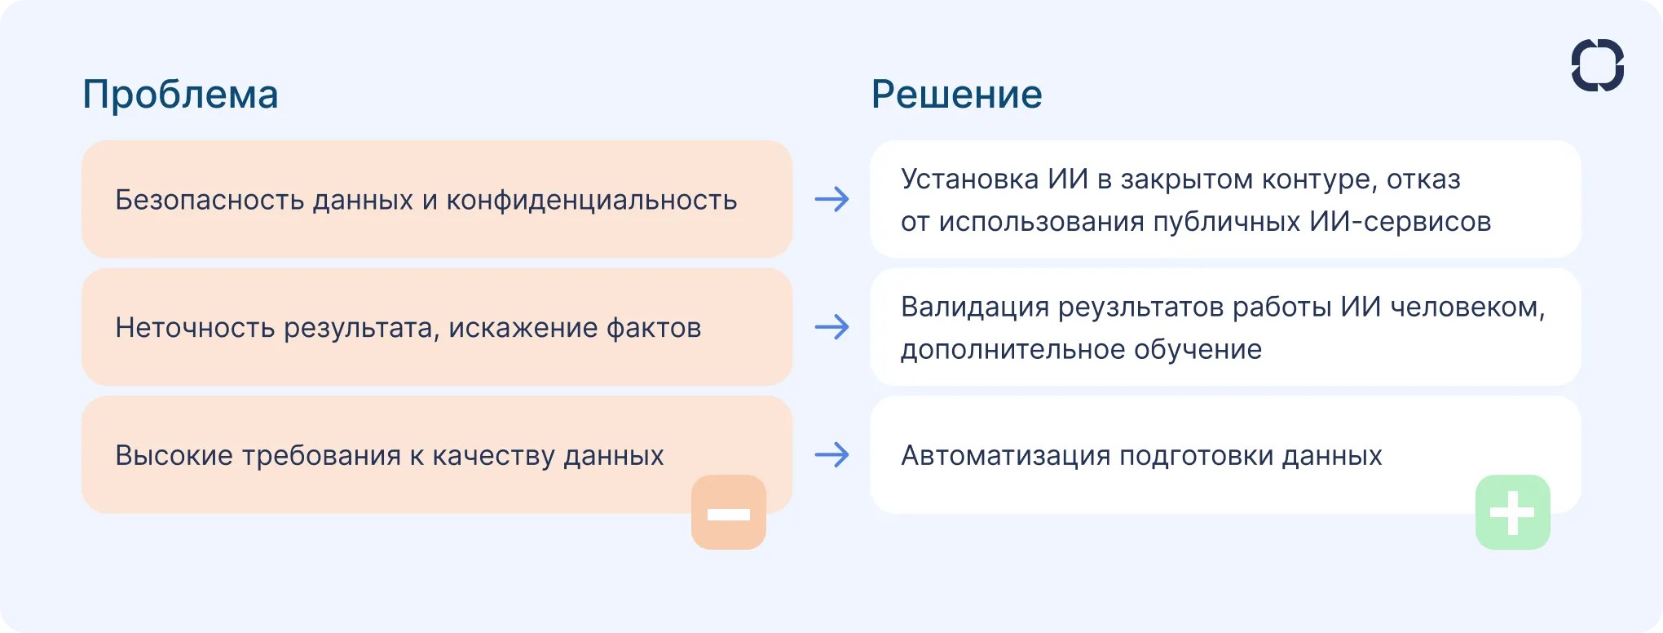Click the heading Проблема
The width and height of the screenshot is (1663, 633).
pyautogui.click(x=180, y=95)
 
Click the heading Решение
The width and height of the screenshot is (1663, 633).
pyautogui.click(x=956, y=95)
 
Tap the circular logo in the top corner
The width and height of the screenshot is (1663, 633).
pyautogui.click(x=1597, y=65)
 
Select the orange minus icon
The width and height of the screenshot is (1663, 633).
pyautogui.click(x=729, y=513)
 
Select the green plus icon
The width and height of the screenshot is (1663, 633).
pyautogui.click(x=1512, y=513)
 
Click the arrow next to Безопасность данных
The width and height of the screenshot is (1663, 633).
pyautogui.click(x=831, y=199)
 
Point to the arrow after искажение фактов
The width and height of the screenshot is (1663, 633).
pyautogui.click(x=831, y=327)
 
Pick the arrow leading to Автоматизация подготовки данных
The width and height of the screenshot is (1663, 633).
pyautogui.click(x=831, y=454)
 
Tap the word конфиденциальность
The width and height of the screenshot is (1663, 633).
pyautogui.click(x=591, y=200)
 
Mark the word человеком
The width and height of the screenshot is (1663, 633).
pyautogui.click(x=1467, y=308)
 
